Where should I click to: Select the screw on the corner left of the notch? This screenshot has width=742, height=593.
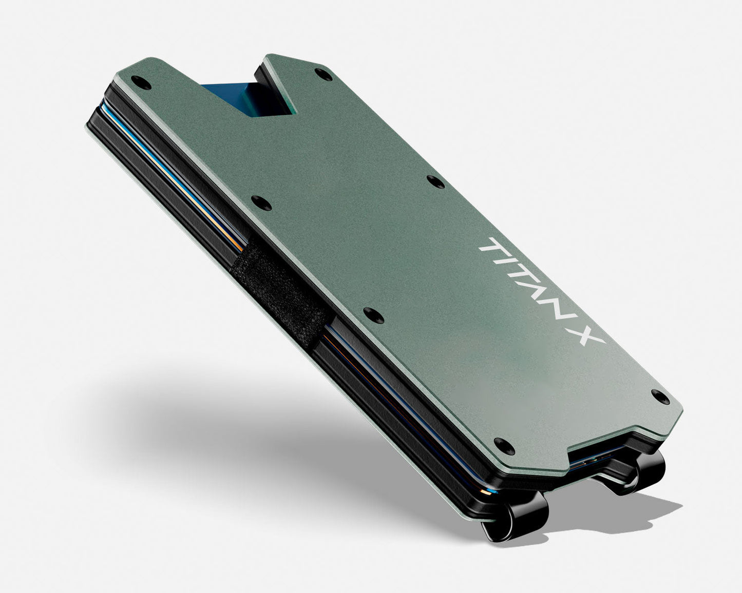click(x=141, y=83)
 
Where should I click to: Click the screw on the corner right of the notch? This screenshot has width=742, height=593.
click(x=324, y=75)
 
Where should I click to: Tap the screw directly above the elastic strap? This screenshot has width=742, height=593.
click(x=261, y=203)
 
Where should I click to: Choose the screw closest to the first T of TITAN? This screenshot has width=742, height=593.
click(x=435, y=181)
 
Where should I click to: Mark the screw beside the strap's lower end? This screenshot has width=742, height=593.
click(x=373, y=315)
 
